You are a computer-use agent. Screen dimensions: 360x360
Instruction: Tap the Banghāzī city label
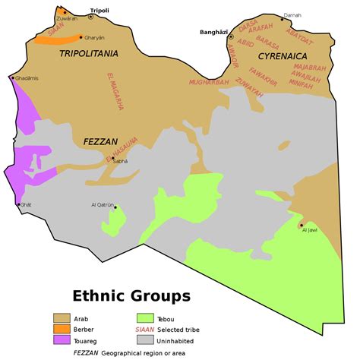[214, 32]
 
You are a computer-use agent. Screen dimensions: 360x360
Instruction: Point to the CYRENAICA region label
[282, 56]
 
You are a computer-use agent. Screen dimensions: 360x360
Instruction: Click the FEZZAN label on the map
[99, 141]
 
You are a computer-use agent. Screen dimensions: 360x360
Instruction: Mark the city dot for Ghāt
[20, 204]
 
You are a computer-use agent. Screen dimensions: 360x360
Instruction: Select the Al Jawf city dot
[302, 225]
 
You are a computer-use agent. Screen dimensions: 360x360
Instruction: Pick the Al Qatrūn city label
[103, 205]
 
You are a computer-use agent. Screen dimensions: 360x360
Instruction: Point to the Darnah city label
[292, 15]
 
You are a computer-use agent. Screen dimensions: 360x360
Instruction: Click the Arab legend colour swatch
[61, 317]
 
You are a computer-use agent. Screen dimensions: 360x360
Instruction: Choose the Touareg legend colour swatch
[61, 339]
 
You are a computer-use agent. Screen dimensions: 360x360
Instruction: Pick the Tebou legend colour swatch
[144, 317]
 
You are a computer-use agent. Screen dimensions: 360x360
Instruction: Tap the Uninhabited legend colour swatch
[144, 339]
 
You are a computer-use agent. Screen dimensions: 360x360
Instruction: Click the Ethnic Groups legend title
[131, 295]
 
